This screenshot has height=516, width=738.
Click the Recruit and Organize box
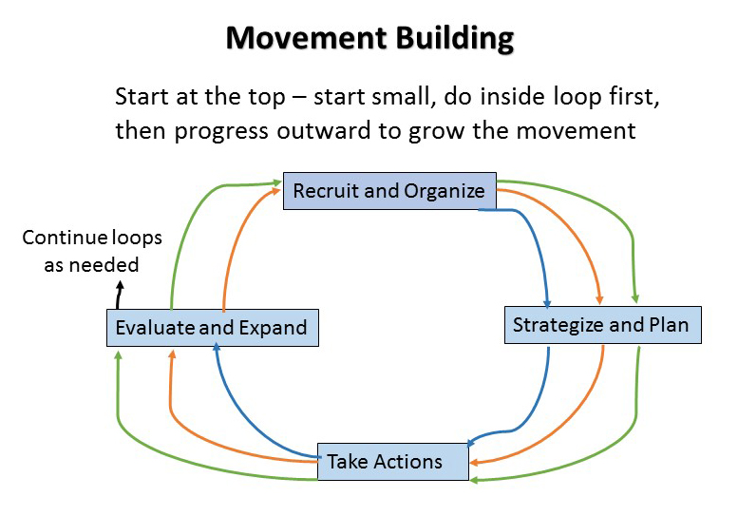pos(389,191)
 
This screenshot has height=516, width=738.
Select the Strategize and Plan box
pos(603,325)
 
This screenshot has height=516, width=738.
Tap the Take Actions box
pos(393,462)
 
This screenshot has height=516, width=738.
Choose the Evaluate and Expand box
pos(213,328)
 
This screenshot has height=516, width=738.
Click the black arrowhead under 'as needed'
pos(120,285)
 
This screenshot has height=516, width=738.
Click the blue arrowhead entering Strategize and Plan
pos(547,304)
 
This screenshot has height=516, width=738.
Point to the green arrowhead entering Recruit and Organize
pos(277,182)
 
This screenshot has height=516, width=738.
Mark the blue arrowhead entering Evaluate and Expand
pos(216,347)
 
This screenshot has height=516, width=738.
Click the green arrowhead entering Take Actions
pos(475,480)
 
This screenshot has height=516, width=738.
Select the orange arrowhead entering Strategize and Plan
pos(599,300)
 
